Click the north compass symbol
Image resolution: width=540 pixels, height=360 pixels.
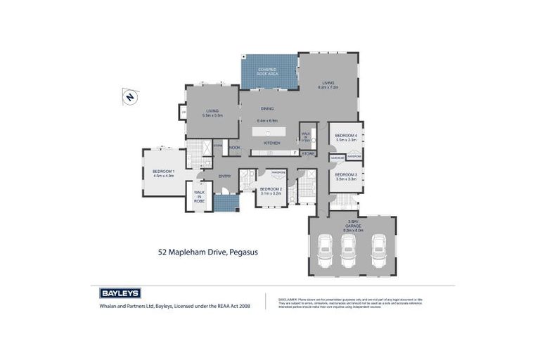[x=129, y=98]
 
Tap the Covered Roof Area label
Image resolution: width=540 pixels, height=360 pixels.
[x=268, y=70]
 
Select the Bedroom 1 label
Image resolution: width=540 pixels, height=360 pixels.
[x=163, y=172]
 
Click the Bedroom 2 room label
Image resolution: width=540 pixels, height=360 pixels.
[x=271, y=188]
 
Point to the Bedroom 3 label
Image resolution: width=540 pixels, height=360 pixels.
[x=346, y=174]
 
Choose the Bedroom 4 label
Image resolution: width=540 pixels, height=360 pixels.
[x=346, y=136]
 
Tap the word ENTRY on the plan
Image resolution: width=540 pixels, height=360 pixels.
[x=225, y=176]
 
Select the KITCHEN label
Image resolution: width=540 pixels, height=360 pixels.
[x=271, y=143]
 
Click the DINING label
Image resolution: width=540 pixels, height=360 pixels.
[x=267, y=108]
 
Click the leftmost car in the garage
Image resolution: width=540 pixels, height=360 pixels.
[x=326, y=249]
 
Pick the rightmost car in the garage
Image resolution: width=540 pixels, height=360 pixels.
[x=379, y=249]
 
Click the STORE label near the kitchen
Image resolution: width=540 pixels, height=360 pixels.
[x=308, y=153]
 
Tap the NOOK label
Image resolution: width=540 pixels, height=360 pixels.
[x=234, y=147]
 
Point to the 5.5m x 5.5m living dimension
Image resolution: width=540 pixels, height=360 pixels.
[x=212, y=115]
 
